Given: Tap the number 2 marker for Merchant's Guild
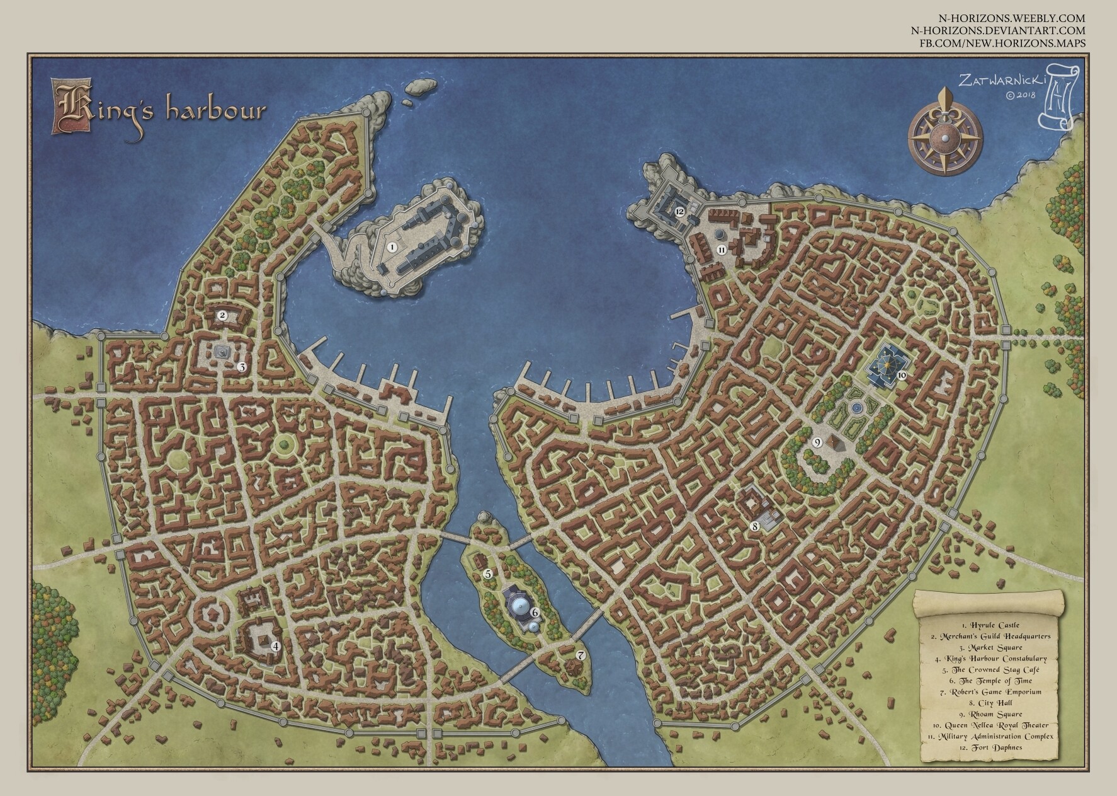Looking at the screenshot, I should [222, 314].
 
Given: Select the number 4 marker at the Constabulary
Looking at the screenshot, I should [275, 645].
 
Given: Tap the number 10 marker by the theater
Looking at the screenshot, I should [901, 374].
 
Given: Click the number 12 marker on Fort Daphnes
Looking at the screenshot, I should [679, 212].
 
